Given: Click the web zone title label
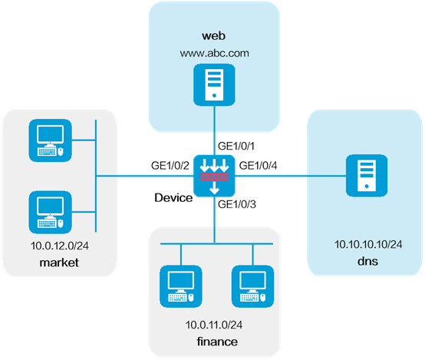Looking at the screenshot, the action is point(213,36).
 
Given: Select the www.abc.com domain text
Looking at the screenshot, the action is point(214,53).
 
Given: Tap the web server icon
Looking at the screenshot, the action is point(214,85).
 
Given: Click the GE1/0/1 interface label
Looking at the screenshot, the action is point(236,146).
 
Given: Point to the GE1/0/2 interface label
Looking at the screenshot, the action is point(170,166).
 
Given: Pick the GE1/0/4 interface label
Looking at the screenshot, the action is point(258,166).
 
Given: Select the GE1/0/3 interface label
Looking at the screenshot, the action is point(237,204).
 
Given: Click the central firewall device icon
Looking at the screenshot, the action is point(214,176).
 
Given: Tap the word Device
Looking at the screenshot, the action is point(173,198).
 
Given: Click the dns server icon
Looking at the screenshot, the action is point(367,176).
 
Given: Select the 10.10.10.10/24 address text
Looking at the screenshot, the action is point(368,244).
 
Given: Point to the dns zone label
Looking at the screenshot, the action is point(367,261).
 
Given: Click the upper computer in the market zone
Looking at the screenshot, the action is point(51,140).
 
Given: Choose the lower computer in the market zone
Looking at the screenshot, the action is point(51,212).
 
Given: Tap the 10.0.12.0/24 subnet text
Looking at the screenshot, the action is point(59,246).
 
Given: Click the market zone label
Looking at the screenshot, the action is point(59,263).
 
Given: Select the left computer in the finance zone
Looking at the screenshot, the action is point(181,286).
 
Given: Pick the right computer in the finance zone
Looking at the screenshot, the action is point(252,286).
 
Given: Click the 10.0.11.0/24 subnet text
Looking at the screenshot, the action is point(214,325).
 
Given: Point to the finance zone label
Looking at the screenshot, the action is point(217,342).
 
